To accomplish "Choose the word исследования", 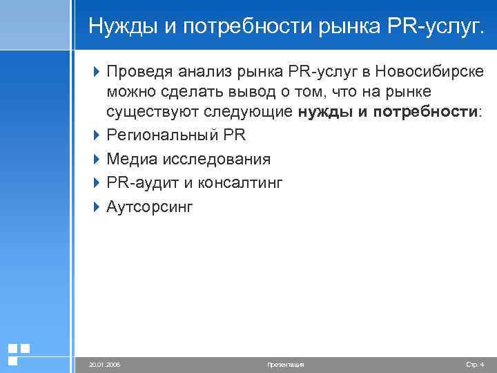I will [x=217, y=160].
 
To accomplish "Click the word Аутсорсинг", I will [x=150, y=207].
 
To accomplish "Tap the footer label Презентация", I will [x=285, y=364].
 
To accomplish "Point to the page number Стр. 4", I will [x=476, y=364].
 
